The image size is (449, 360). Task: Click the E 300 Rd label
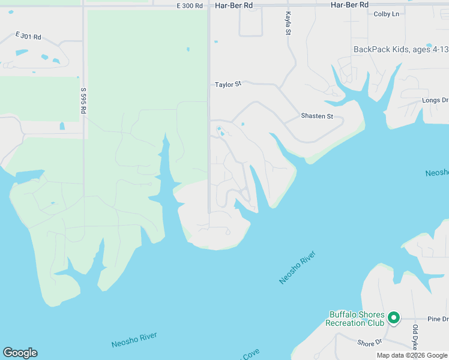[x=190, y=5]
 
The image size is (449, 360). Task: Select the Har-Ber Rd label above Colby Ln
[x=349, y=5]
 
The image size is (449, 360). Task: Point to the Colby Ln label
[x=386, y=14]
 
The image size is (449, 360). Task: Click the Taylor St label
[x=228, y=85]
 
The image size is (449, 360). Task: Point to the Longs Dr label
[x=435, y=101]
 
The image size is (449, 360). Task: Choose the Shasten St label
[x=316, y=116]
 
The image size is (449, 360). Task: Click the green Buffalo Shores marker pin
[x=394, y=317]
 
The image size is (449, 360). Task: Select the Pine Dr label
[x=438, y=319]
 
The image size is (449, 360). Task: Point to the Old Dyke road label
[x=415, y=337]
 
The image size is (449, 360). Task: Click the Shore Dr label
[x=370, y=343]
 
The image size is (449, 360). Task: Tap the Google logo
[x=20, y=353]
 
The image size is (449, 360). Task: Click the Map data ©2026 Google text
[x=412, y=355]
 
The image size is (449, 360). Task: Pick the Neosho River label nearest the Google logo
[x=134, y=340]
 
